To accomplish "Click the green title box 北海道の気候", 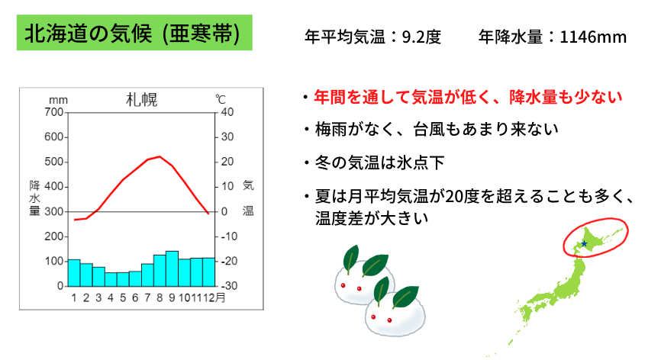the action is (x=134, y=33).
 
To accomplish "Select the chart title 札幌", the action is (x=142, y=100).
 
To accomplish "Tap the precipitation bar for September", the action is (x=172, y=268).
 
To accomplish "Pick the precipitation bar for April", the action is (x=111, y=280).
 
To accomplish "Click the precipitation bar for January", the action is (x=74, y=273).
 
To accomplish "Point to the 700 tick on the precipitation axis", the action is (x=53, y=112).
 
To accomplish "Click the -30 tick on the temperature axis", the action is (x=229, y=286).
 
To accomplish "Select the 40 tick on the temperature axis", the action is (x=227, y=112).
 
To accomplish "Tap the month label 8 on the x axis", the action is (x=160, y=298).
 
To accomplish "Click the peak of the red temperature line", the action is (x=160, y=156).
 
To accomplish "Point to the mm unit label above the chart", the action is (x=58, y=100).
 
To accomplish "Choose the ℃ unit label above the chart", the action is (x=221, y=99).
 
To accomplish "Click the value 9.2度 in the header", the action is (x=421, y=37).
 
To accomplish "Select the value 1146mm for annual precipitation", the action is (x=593, y=37).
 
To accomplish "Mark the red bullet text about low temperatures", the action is (x=468, y=98).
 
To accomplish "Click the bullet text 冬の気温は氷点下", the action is (x=380, y=162).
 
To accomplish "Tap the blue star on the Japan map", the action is (x=584, y=244).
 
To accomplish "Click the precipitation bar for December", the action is (x=208, y=272).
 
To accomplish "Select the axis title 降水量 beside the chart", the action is (x=34, y=198).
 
